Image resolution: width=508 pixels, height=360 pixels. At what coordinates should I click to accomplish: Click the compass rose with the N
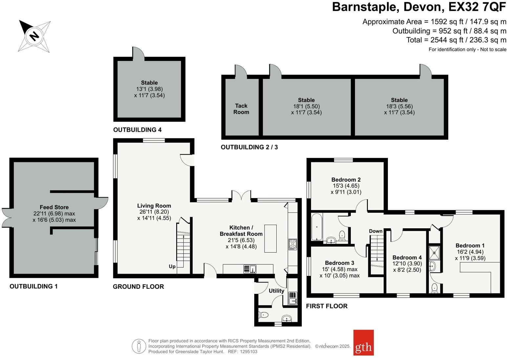pos(34,36)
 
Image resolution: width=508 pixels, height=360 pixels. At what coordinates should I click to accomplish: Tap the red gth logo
pos(363,343)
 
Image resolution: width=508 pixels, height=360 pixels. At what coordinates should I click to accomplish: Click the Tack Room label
pos(241,109)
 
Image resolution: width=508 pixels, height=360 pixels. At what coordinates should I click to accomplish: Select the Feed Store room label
pos(54,207)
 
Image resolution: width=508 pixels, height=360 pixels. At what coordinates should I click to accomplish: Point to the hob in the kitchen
pos(292,244)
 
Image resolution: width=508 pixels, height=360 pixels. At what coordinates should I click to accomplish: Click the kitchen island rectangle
pos(270,238)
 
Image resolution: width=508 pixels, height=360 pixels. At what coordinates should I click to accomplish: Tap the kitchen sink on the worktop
pos(250,269)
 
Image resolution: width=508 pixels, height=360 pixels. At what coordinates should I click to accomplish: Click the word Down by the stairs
pos(375,231)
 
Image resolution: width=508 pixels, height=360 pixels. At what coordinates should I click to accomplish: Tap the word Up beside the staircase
pos(172,266)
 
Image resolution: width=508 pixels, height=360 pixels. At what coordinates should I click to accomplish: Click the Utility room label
pos(276,291)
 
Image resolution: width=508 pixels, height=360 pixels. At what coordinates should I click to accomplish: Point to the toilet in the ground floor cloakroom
pos(264,315)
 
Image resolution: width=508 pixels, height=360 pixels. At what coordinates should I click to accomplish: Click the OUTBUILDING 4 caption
pos(137,130)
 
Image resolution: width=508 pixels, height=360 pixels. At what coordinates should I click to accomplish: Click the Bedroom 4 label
pos(407,258)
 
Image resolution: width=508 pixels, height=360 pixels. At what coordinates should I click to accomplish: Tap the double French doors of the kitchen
pos(241,195)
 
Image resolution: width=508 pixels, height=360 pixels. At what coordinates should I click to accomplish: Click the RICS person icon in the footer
pos(139,346)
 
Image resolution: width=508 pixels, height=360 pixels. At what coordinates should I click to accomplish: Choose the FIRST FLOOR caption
pos(327,306)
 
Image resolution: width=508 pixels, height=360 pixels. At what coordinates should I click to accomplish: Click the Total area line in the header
pos(456,40)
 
